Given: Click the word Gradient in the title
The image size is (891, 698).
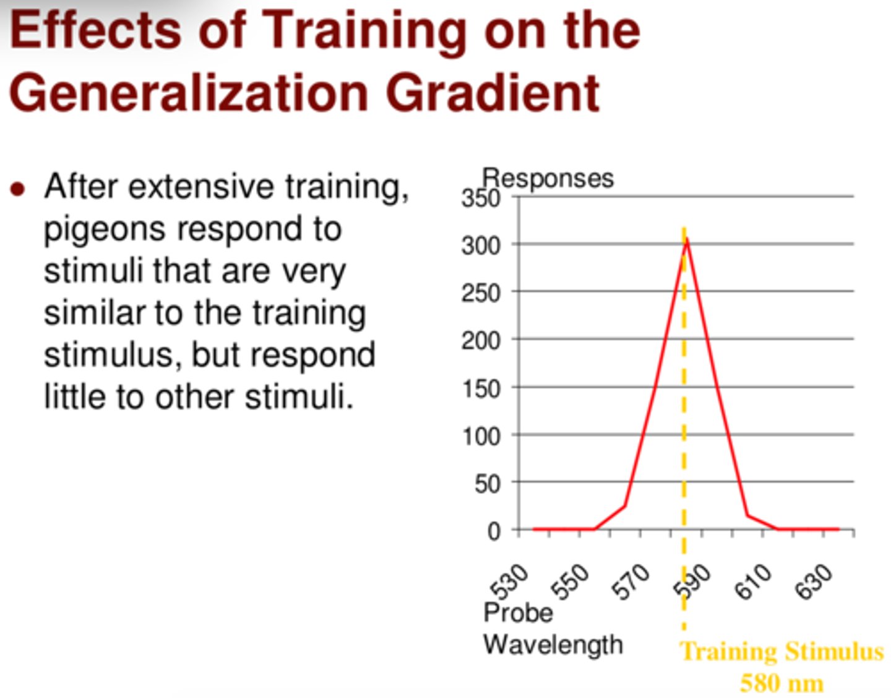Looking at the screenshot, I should click(493, 93).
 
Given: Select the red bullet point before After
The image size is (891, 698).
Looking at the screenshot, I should click(18, 189).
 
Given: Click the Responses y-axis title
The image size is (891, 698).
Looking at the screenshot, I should click(548, 178).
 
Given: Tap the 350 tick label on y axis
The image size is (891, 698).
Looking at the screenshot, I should click(480, 199).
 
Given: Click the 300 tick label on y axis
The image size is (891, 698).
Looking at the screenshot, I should click(480, 246).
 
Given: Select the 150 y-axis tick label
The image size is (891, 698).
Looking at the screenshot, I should click(480, 389).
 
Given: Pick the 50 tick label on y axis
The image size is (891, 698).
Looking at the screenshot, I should click(487, 484).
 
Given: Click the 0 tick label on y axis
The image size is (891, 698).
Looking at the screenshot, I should click(493, 531).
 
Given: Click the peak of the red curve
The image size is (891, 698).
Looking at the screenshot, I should click(687, 239).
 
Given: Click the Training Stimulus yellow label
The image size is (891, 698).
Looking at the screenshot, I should click(781, 652).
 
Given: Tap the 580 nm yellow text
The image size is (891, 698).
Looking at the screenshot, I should click(781, 683).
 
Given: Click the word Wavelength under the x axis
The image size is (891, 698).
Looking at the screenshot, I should click(553, 645).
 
